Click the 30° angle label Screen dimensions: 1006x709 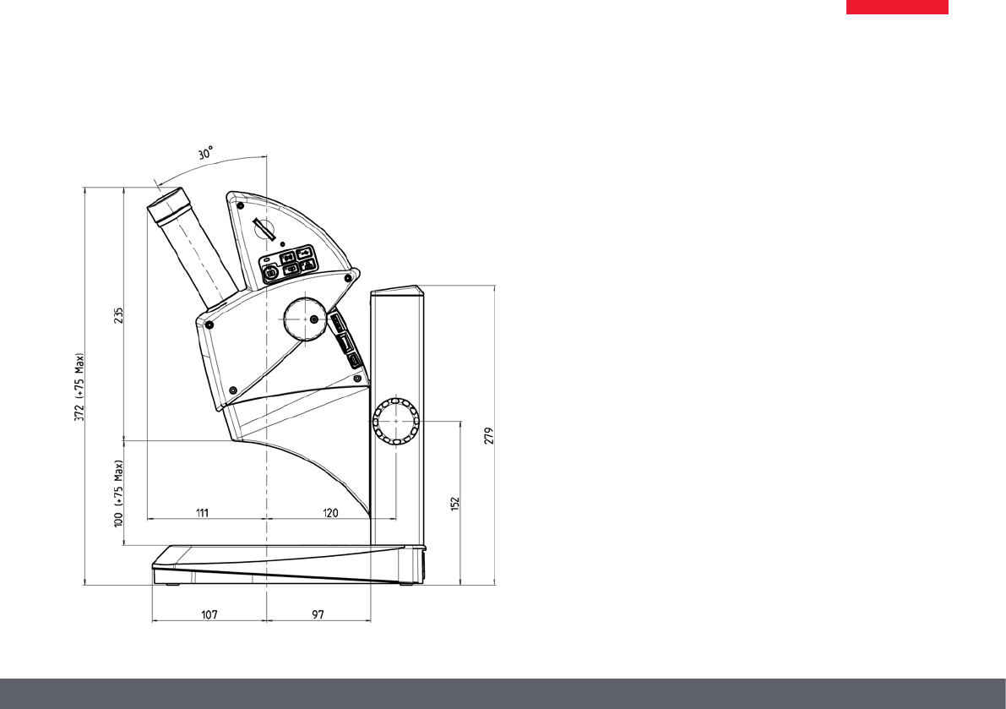point(206,153)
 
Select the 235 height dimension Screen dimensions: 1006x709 point(119,315)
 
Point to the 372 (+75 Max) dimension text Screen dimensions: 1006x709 point(79,387)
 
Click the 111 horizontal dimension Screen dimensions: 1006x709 point(202,513)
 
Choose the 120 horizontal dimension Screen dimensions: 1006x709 point(330,513)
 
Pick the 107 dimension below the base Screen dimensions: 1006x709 point(209,614)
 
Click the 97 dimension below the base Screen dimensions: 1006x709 point(318,614)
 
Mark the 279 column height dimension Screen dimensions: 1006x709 point(490,436)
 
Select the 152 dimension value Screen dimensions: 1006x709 point(455,504)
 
